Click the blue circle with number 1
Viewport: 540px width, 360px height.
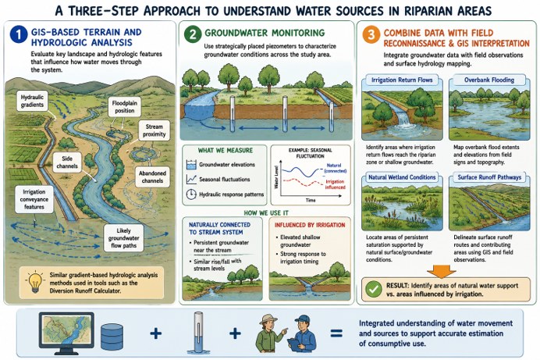point(19,34)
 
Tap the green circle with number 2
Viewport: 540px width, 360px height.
point(193,34)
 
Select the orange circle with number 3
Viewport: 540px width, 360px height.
point(371,35)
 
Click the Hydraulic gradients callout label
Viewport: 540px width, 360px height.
point(32,101)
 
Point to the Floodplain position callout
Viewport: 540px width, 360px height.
point(124,107)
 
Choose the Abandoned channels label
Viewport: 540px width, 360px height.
point(153,176)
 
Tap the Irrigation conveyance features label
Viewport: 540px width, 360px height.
point(34,199)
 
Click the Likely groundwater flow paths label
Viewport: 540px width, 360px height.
point(123,238)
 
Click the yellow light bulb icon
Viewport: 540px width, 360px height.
point(35,282)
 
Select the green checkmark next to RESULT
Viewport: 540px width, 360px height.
point(373,289)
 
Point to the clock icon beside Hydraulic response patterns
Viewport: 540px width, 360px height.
point(190,194)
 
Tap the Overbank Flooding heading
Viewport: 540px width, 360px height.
point(489,80)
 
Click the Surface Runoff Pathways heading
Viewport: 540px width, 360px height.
point(489,177)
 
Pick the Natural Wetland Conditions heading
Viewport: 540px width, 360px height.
point(402,177)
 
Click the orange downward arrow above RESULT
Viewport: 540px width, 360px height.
point(441,271)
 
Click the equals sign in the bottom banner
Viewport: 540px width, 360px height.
point(336,333)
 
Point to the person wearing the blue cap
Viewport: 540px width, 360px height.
point(302,333)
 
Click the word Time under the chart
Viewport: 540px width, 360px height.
point(311,200)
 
